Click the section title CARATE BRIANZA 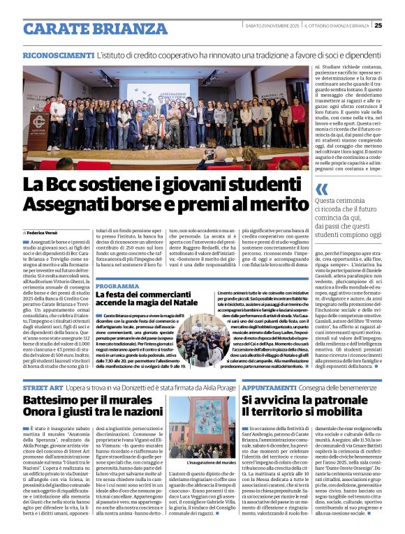(x=87, y=29)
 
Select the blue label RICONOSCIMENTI (x=58, y=54)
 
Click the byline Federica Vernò (x=44, y=232)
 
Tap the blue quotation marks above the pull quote (x=321, y=189)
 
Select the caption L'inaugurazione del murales (x=202, y=464)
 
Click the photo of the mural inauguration (x=202, y=426)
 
